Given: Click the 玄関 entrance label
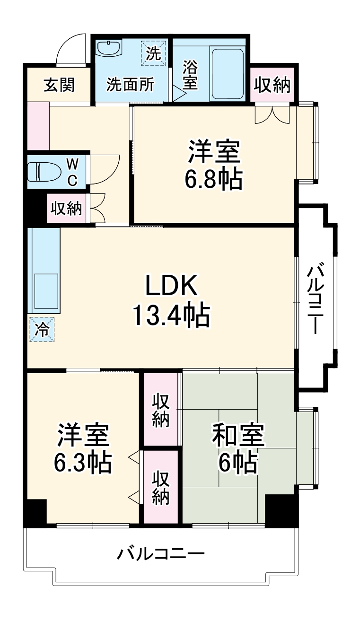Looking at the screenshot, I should [x=59, y=85].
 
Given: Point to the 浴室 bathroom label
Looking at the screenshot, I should [x=190, y=75].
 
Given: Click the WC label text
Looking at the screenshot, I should [x=72, y=171].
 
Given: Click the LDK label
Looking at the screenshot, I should [x=171, y=286].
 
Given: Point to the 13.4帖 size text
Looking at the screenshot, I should [x=171, y=315].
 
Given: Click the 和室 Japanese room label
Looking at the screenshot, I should [x=237, y=436].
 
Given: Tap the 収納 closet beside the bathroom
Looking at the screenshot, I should [x=272, y=86].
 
